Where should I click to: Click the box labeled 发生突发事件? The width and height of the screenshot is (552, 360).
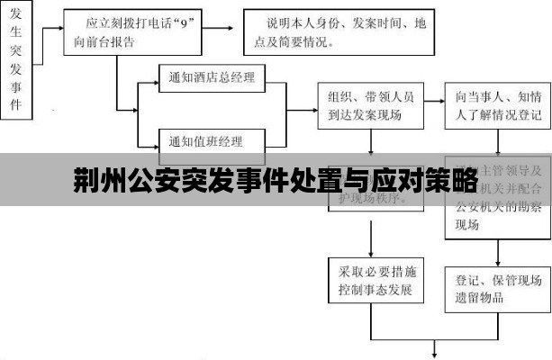pos(16,58)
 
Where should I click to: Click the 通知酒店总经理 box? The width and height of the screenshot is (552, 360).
pos(212,78)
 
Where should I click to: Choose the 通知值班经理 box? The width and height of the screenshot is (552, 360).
pos(212,141)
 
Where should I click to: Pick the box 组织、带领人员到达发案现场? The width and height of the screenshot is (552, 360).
pos(370,105)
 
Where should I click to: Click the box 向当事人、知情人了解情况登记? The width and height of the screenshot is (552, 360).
pos(498,105)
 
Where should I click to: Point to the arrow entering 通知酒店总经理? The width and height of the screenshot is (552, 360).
pos(148,78)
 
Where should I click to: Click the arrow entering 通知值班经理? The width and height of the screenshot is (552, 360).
pos(148,141)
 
